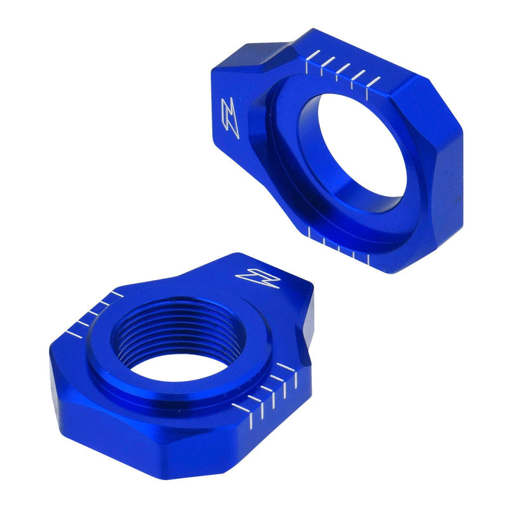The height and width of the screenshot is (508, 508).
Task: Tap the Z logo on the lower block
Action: click(x=250, y=276)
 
